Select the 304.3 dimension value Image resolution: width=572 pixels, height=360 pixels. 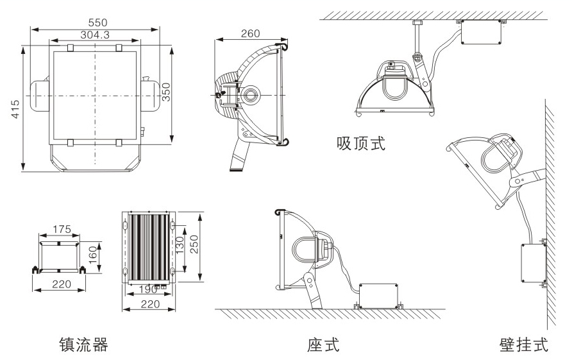click(95, 35)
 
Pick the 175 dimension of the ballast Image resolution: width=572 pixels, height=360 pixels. click(62, 229)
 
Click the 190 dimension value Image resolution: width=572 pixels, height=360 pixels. click(149, 289)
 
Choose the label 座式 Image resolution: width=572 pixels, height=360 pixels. click(323, 345)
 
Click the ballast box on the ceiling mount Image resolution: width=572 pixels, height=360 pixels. click(480, 33)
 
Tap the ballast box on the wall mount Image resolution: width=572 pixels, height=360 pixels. click(532, 263)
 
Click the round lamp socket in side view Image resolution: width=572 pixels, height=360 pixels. click(251, 94)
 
